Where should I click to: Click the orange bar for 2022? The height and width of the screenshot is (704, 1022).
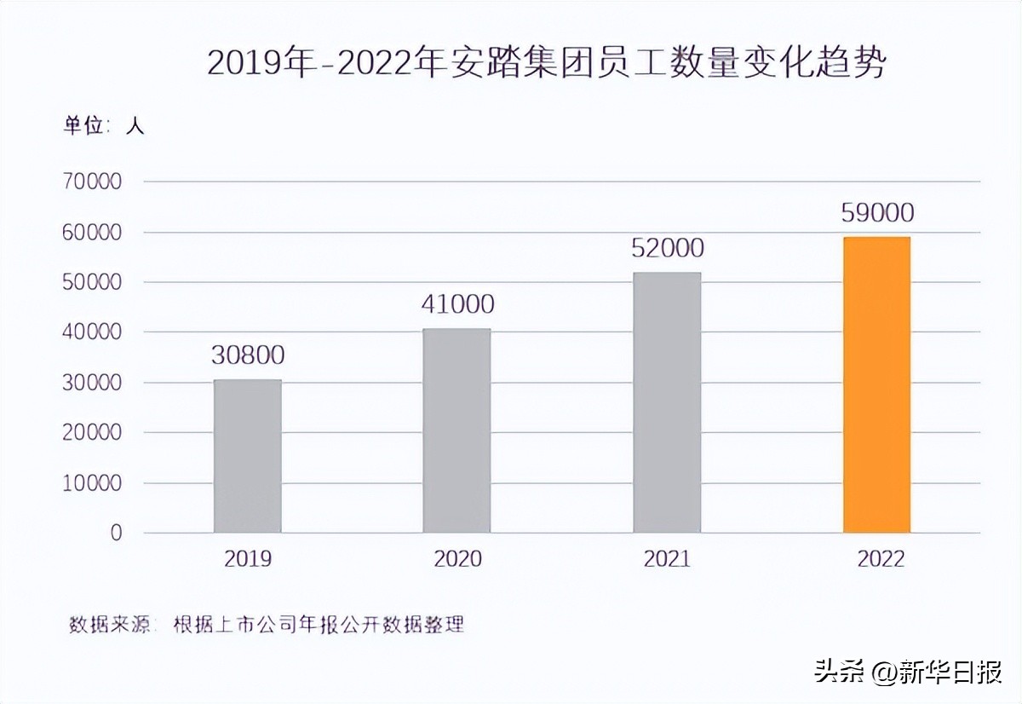pyautogui.click(x=876, y=384)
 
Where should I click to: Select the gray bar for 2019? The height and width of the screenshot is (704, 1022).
pyautogui.click(x=247, y=456)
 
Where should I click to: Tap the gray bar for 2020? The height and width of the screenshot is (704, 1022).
pyautogui.click(x=457, y=430)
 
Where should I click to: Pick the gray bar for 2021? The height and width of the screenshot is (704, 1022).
pyautogui.click(x=667, y=402)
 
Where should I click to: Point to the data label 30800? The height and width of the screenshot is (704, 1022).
pyautogui.click(x=248, y=355)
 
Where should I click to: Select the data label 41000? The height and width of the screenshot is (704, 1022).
pyautogui.click(x=457, y=304)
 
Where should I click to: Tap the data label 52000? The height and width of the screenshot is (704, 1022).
pyautogui.click(x=668, y=248)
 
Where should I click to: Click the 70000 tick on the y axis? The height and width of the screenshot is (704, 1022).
pyautogui.click(x=92, y=182)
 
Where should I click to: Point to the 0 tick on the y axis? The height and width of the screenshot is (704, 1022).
pyautogui.click(x=116, y=534)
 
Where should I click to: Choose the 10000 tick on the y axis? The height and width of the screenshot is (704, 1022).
pyautogui.click(x=92, y=483)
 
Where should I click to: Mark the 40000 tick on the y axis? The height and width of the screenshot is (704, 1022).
pyautogui.click(x=92, y=332)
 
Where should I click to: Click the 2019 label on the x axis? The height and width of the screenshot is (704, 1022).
pyautogui.click(x=248, y=559)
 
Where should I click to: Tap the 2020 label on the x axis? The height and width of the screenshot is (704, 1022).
pyautogui.click(x=457, y=559)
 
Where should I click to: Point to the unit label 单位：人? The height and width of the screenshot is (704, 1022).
pyautogui.click(x=105, y=125)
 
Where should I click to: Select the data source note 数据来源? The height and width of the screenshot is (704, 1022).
pyautogui.click(x=266, y=624)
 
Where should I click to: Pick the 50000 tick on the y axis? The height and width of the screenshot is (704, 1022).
pyautogui.click(x=92, y=282)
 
